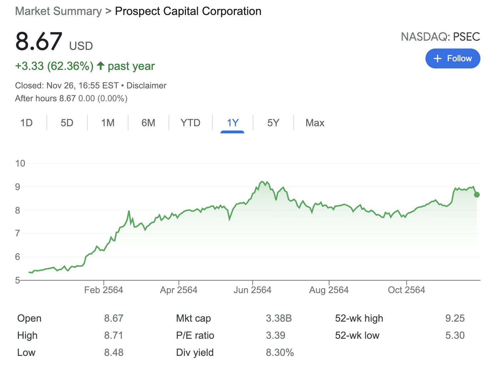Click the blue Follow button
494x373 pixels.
[452, 58]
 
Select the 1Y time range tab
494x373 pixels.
[232, 123]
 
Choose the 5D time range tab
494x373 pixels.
[67, 123]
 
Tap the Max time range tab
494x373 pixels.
[314, 123]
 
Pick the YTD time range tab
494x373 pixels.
[190, 123]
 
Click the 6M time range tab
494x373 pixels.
[148, 123]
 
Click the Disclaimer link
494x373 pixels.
[146, 86]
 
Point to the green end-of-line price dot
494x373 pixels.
[477, 195]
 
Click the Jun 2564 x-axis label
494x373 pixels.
[252, 290]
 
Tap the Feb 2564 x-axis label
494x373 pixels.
[104, 290]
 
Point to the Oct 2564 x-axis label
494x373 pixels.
[406, 290]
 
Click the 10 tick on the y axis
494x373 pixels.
[20, 163]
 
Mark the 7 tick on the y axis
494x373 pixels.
[17, 234]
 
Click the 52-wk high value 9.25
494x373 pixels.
[455, 318]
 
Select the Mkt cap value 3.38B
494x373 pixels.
[278, 318]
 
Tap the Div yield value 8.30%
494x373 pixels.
[279, 353]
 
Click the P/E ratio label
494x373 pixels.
[195, 336]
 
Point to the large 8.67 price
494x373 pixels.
[39, 41]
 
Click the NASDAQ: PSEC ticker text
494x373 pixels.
[440, 37]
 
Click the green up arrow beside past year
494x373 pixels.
[101, 66]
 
